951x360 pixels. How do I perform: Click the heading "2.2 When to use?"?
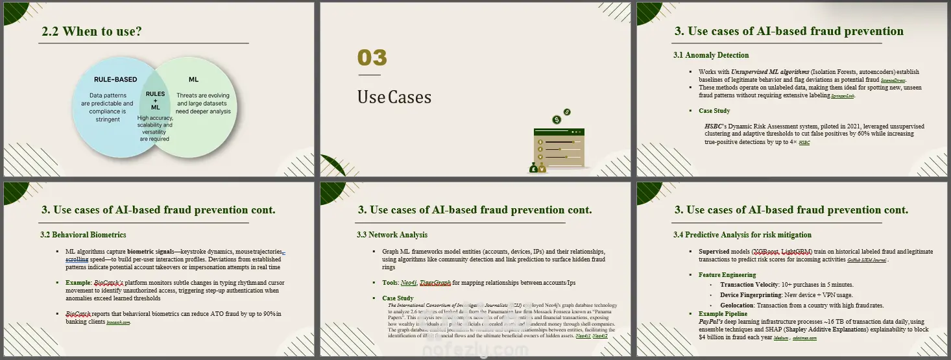pyautogui.click(x=91, y=31)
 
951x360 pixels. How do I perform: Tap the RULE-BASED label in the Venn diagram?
pyautogui.click(x=115, y=80)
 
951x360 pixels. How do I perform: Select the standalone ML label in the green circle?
pyautogui.click(x=193, y=80)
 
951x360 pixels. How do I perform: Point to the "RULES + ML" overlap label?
pyautogui.click(x=155, y=101)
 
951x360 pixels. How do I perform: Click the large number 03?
pyautogui.click(x=372, y=58)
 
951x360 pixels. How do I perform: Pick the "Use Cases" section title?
pyautogui.click(x=394, y=97)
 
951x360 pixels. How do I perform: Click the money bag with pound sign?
pyautogui.click(x=533, y=169)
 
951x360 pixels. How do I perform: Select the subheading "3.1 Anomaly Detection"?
pyautogui.click(x=711, y=55)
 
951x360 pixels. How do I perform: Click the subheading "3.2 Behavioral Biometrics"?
pyautogui.click(x=83, y=234)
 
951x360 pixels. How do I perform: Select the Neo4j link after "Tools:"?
pyautogui.click(x=408, y=282)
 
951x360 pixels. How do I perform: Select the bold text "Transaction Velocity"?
pyautogui.click(x=745, y=285)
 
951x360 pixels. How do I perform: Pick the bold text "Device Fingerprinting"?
pyautogui.click(x=747, y=294)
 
